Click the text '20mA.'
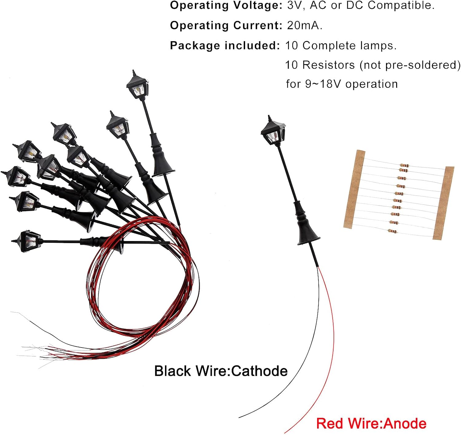pyautogui.click(x=305, y=25)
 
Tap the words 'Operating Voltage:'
pyautogui.click(x=226, y=6)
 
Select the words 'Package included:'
pyautogui.click(x=225, y=45)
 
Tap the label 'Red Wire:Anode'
pyautogui.click(x=371, y=423)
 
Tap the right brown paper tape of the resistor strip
pyautogui.click(x=443, y=203)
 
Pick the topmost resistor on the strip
pyautogui.click(x=404, y=166)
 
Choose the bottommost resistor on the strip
pyautogui.click(x=392, y=231)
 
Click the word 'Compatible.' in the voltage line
pyautogui.click(x=401, y=6)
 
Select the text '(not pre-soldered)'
pyautogui.click(x=410, y=65)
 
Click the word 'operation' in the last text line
pyautogui.click(x=372, y=84)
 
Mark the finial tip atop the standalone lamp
pyautogui.click(x=269, y=115)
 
